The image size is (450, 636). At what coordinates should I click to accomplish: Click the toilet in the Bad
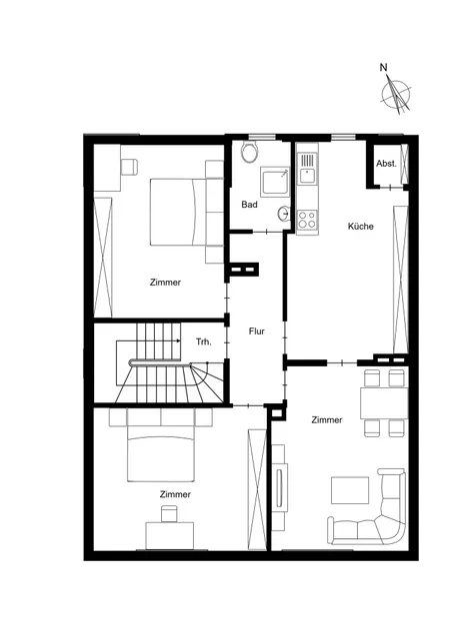(x=249, y=152)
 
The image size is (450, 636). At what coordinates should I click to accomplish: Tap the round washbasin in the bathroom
(x=284, y=213)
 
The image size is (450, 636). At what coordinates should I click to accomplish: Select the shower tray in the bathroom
(x=275, y=182)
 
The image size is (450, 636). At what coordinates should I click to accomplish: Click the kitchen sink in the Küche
(x=307, y=169)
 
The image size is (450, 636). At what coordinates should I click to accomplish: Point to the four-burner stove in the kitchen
(x=307, y=220)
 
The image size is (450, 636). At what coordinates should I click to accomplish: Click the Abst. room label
(x=386, y=164)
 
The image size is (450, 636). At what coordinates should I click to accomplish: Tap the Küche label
(x=361, y=227)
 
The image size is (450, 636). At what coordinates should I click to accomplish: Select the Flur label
(x=257, y=331)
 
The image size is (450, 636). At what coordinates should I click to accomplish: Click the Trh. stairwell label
(x=204, y=341)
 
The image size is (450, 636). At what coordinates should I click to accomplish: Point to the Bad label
(x=249, y=205)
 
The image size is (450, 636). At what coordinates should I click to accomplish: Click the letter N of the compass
(x=383, y=67)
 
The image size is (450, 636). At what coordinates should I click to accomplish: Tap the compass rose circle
(x=396, y=95)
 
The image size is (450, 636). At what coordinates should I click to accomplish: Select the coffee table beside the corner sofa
(x=350, y=490)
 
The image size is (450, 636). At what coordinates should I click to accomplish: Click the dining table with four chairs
(x=384, y=403)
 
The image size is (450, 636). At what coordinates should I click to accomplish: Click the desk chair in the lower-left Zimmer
(x=169, y=513)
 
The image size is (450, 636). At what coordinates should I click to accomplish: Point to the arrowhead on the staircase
(x=179, y=341)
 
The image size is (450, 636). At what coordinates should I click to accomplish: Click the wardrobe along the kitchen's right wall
(x=401, y=280)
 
